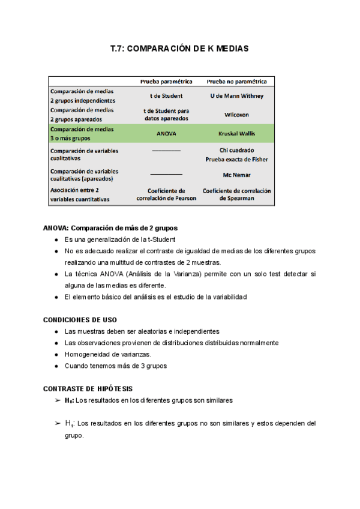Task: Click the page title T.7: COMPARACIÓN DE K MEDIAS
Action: click(179, 48)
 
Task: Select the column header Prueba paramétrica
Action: click(166, 81)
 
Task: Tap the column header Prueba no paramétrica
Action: click(236, 81)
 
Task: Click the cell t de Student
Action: click(166, 96)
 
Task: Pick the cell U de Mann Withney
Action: click(236, 96)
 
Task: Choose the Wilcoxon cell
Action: click(236, 114)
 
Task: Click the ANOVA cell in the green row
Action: click(166, 134)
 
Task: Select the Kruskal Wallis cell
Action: click(236, 134)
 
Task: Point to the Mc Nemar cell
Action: click(236, 175)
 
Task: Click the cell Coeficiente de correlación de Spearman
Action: click(236, 194)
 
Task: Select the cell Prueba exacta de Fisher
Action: click(236, 160)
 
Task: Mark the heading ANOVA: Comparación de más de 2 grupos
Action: click(110, 228)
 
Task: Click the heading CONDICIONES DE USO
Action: click(80, 319)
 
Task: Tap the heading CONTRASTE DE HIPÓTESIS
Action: click(88, 388)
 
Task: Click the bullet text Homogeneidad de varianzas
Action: click(107, 354)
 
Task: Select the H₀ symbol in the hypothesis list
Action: click(70, 400)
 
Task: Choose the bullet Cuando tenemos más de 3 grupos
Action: click(116, 366)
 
